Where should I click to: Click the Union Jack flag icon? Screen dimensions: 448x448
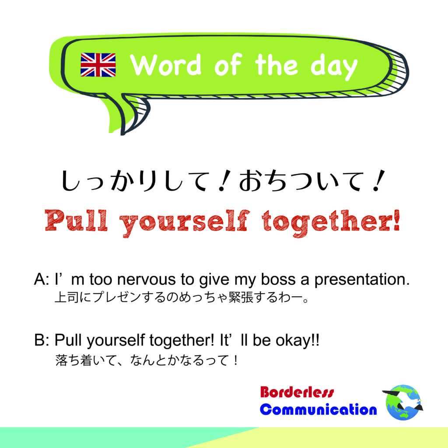pyautogui.click(x=98, y=65)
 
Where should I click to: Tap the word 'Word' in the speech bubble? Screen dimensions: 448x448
pyautogui.click(x=166, y=65)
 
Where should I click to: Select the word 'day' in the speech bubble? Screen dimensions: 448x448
pyautogui.click(x=334, y=67)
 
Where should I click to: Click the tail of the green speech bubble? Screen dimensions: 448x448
pyautogui.click(x=130, y=114)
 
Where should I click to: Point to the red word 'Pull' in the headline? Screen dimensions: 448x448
pyautogui.click(x=77, y=220)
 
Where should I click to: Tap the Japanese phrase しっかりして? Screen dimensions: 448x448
pyautogui.click(x=134, y=181)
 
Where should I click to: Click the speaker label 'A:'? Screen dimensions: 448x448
pyautogui.click(x=42, y=279)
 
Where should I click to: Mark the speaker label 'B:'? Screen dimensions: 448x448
pyautogui.click(x=42, y=340)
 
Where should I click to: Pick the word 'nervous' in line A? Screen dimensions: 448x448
pyautogui.click(x=146, y=280)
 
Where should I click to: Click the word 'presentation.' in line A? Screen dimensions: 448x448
pyautogui.click(x=362, y=280)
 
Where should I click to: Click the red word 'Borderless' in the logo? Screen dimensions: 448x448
pyautogui.click(x=297, y=392)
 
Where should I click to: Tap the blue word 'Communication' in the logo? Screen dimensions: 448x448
pyautogui.click(x=318, y=409)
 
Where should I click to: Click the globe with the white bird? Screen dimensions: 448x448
pyautogui.click(x=402, y=402)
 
